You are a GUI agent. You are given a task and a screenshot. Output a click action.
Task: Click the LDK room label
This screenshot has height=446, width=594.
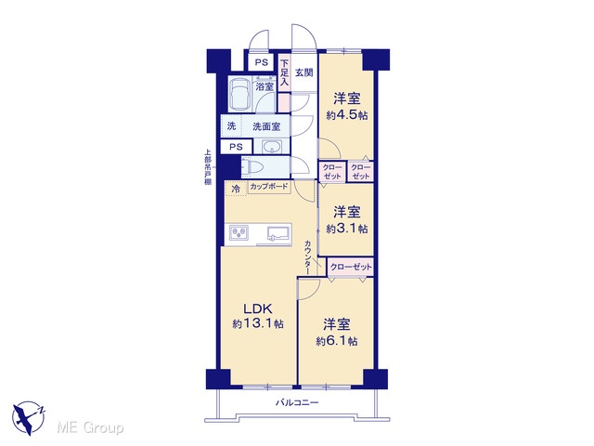(x=258, y=308)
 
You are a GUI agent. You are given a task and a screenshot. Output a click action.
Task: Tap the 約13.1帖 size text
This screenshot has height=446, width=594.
(x=258, y=324)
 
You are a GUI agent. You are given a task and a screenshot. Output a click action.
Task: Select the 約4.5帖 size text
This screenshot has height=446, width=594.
(x=346, y=115)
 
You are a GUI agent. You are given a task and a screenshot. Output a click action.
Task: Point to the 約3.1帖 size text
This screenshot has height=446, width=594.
(x=346, y=229)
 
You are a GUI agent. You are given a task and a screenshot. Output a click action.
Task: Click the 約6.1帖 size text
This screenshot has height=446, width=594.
(x=337, y=341)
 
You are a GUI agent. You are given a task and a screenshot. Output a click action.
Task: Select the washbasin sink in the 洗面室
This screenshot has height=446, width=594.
(x=271, y=147)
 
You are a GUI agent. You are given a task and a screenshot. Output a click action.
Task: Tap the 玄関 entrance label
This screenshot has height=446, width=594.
(x=304, y=72)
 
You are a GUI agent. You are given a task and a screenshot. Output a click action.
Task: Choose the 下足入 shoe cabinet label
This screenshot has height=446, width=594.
(x=285, y=72)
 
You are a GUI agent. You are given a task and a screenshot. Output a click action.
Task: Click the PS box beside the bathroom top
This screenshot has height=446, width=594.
(x=262, y=62)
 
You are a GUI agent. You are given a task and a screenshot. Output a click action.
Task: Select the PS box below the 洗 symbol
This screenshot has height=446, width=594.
(x=236, y=147)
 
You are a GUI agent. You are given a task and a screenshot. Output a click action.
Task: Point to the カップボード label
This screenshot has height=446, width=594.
(x=269, y=187)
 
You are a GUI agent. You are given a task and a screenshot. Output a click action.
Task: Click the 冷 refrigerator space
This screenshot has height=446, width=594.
(x=236, y=189)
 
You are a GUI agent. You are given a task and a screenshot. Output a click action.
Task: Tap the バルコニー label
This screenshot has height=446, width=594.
(x=297, y=402)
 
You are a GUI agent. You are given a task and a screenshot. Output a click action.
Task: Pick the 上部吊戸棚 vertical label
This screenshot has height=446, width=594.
(x=208, y=167)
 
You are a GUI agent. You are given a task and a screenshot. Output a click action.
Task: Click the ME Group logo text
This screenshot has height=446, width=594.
(x=90, y=428)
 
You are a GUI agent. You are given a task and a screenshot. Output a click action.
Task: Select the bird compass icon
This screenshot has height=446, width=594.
(x=29, y=417)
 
